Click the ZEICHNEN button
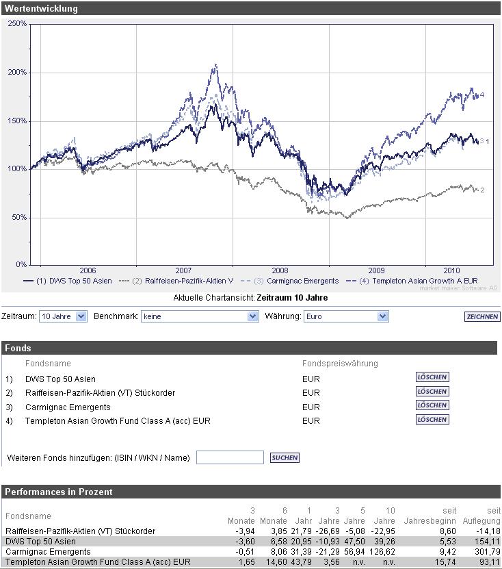coord(481,316)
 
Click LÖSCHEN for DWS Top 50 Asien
coord(432,377)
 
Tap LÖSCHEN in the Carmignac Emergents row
coord(432,405)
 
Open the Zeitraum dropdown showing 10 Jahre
coord(63,316)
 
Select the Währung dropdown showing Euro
coord(346,316)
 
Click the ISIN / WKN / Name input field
coord(230,457)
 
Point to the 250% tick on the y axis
coord(17,24)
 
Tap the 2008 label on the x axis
coord(280,270)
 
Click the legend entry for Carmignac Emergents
coord(296,281)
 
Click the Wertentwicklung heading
coord(41,9)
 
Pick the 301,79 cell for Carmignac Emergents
coord(486,551)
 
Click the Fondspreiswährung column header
coord(340,363)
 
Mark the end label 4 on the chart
coord(482,95)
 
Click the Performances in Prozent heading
coord(59,492)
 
